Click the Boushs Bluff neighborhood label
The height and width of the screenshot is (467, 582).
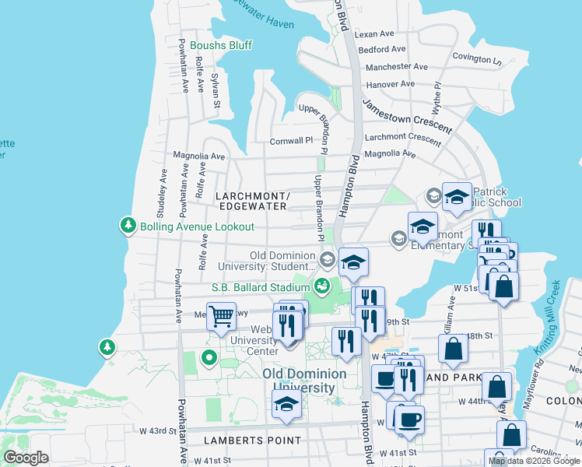pos(221,45)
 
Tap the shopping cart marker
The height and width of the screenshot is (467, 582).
pos(222,316)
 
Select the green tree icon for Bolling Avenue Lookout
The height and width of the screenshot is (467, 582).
pos(128,226)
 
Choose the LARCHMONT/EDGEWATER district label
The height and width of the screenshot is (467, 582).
pos(254,200)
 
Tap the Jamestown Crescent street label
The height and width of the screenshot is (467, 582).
pos(407,116)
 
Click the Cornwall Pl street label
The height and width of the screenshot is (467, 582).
pos(290,141)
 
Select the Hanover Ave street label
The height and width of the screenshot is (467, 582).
pos(391,84)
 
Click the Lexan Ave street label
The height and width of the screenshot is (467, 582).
pos(374,34)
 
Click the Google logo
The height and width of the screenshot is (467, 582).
pos(26,458)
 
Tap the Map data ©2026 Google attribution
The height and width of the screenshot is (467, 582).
pos(533,461)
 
